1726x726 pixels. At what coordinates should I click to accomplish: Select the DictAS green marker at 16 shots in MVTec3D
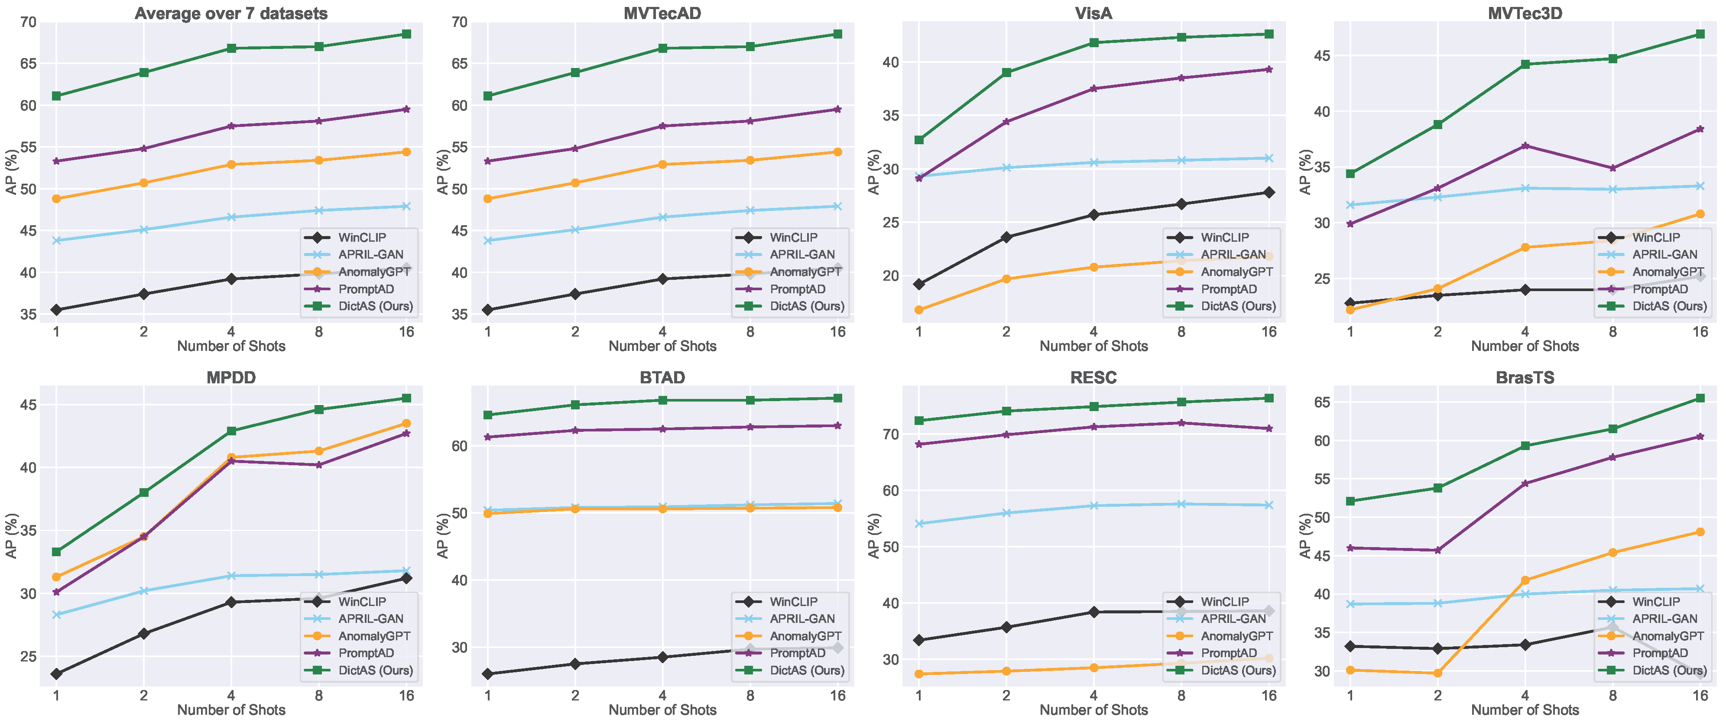coord(1700,34)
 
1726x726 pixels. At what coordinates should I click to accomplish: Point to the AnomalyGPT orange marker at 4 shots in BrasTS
coord(1525,580)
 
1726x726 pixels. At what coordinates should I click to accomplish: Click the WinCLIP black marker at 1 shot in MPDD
coord(56,674)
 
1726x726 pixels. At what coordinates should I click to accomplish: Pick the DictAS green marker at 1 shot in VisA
coord(918,140)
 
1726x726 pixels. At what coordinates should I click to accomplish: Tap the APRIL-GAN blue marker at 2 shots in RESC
coord(1006,513)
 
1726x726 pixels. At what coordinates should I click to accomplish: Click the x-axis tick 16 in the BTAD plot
coord(837,696)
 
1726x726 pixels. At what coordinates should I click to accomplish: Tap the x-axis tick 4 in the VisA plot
coord(1093,331)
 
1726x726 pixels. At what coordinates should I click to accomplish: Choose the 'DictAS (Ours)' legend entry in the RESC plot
coord(1238,671)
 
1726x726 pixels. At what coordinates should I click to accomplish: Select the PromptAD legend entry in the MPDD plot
coord(366,653)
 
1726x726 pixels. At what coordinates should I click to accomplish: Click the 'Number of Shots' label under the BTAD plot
coord(662,710)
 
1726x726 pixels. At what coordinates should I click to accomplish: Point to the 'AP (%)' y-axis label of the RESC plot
coord(873,536)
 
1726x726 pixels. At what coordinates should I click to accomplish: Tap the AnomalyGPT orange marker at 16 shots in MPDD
coord(406,423)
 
